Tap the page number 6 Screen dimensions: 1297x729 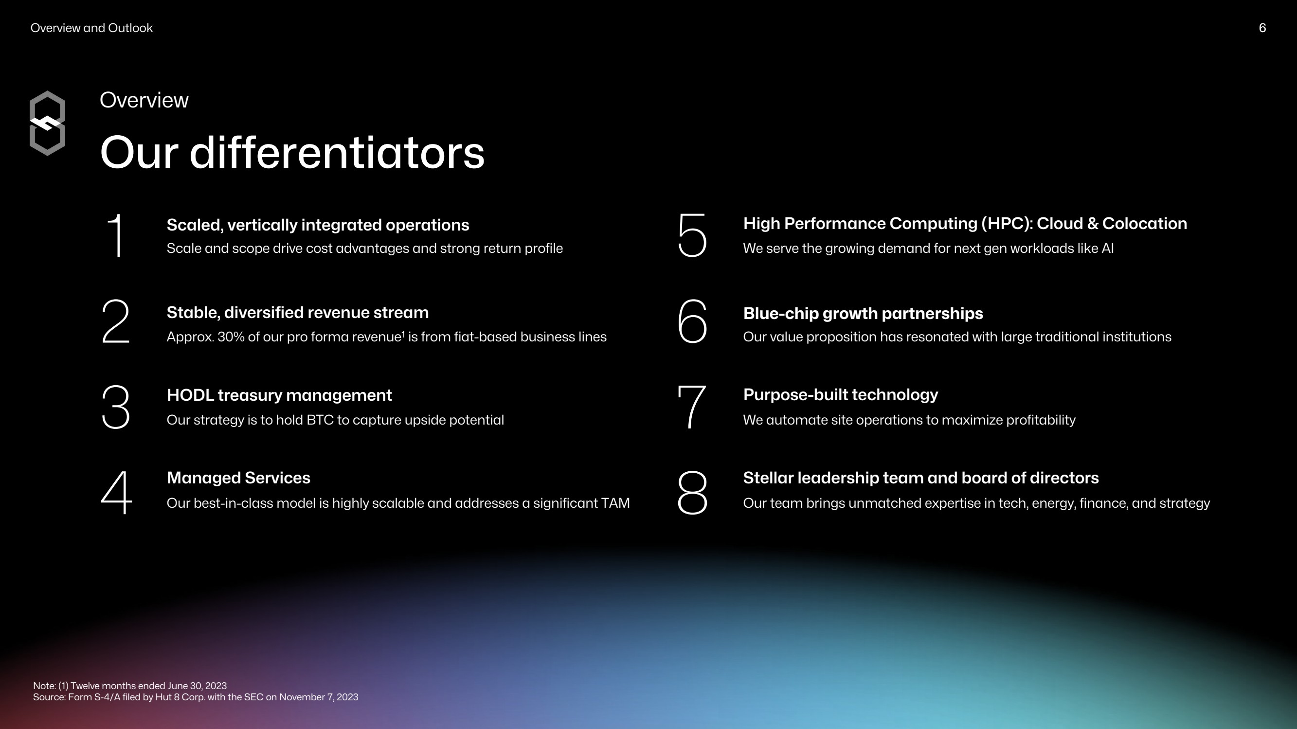click(1262, 28)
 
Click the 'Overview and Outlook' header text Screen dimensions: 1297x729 click(91, 28)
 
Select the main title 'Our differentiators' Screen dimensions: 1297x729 click(292, 153)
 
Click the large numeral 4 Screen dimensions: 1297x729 click(116, 492)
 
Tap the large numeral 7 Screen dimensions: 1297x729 click(692, 407)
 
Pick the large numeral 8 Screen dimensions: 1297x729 click(692, 492)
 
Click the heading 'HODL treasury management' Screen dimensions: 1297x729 click(279, 395)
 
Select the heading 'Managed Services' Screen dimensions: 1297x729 click(238, 478)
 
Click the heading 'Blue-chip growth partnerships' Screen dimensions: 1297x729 click(863, 314)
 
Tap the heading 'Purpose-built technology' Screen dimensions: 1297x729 click(840, 395)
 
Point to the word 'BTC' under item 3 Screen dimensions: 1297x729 click(320, 420)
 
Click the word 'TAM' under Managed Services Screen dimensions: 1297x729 click(615, 503)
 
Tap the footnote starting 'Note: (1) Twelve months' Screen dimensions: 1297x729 click(130, 686)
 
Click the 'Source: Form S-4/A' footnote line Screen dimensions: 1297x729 click(196, 697)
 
